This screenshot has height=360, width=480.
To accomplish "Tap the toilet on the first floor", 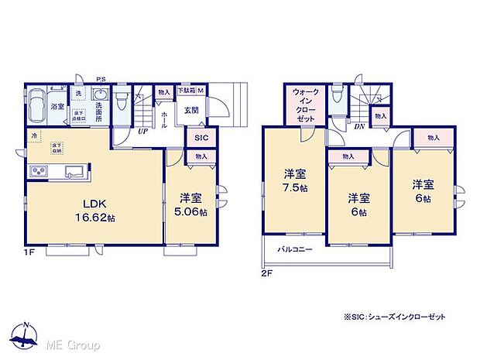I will pos(122,102).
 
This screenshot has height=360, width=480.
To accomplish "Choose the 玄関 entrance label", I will pos(191,110).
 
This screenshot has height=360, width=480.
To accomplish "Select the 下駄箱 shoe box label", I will pos(190,91).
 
